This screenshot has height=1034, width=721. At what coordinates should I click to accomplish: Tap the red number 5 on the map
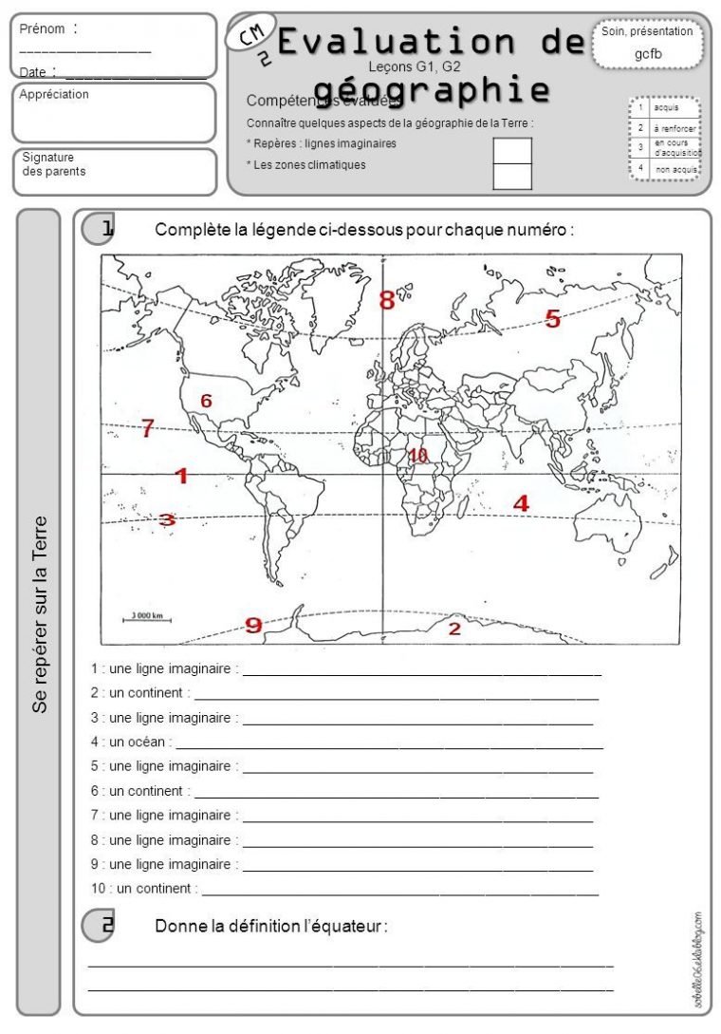552,320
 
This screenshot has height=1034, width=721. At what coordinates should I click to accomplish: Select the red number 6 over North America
206,401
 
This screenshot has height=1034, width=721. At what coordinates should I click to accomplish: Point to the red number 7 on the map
147,428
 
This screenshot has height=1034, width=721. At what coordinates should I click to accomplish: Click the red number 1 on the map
181,476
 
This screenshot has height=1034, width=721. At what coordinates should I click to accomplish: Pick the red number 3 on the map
167,519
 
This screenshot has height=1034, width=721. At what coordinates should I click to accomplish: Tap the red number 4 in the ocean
521,504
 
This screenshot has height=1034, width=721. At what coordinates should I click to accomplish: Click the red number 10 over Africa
417,456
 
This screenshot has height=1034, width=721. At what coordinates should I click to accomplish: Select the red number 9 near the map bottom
253,624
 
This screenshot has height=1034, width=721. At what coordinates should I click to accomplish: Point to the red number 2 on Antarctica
454,629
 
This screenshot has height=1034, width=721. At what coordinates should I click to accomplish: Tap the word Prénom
43,29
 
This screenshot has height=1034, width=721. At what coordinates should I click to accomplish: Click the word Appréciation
54,95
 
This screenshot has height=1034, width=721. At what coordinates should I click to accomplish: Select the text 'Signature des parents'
53,164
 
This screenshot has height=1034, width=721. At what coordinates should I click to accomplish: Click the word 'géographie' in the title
433,88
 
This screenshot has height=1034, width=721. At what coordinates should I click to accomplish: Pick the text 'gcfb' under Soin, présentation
648,54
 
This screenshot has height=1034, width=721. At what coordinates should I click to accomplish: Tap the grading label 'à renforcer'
675,128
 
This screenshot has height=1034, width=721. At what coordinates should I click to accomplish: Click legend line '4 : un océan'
132,742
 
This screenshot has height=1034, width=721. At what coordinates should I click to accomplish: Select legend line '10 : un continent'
144,889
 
